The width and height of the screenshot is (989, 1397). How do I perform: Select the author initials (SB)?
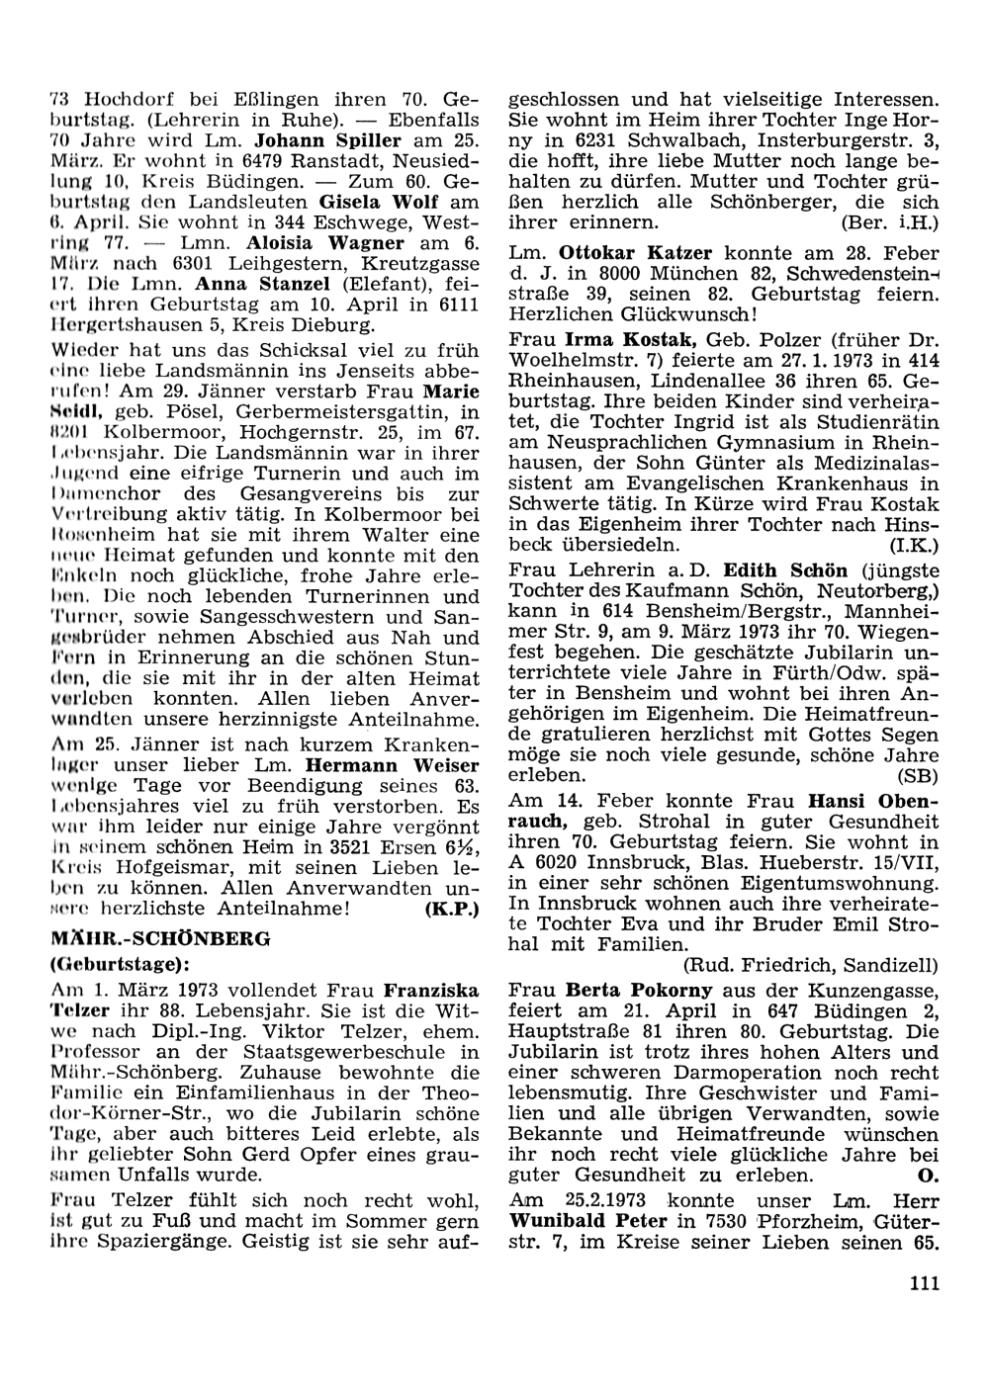pyautogui.click(x=918, y=774)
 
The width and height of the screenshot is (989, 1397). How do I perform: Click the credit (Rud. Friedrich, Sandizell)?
pyautogui.click(x=810, y=964)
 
